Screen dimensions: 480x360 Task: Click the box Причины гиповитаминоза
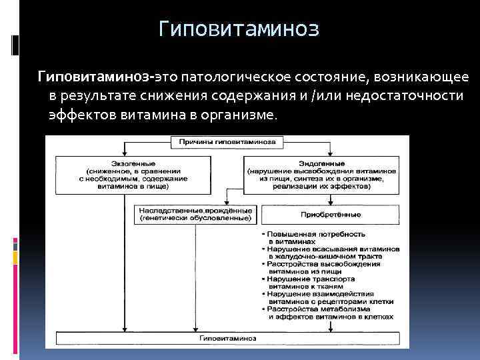[x=228, y=142]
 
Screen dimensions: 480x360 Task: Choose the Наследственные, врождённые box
[x=195, y=213]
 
